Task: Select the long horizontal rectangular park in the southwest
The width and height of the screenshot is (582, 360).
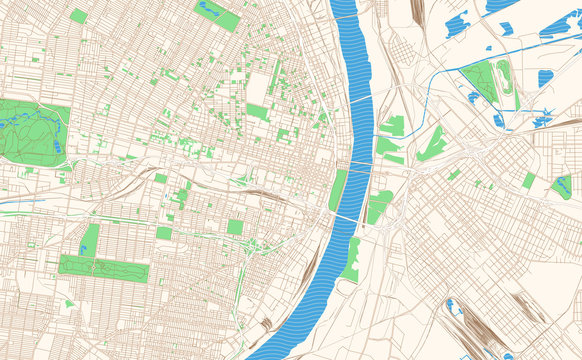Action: (103, 268)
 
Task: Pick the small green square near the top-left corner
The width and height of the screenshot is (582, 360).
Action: (78, 16)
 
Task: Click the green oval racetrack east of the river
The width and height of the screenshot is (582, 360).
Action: (505, 78)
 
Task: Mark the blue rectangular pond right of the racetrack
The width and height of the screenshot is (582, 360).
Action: (545, 78)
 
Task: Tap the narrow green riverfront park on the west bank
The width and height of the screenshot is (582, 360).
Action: (337, 190)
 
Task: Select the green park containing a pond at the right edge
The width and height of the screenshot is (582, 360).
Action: (563, 187)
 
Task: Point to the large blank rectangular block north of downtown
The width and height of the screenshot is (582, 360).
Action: (257, 88)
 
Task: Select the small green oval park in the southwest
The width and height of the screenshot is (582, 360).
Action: (68, 302)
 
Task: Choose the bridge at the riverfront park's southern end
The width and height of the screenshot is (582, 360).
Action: (345, 217)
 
